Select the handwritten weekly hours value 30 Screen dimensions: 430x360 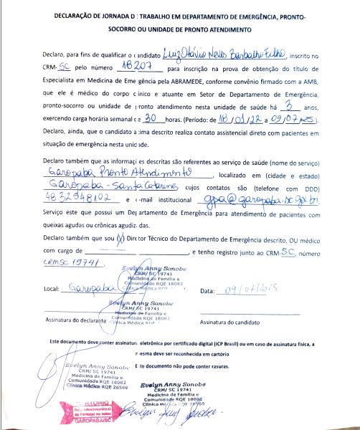151,118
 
